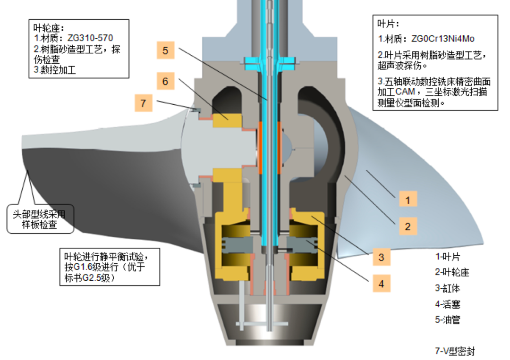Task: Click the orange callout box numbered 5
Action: (x=165, y=50)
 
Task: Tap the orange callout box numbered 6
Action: (x=165, y=81)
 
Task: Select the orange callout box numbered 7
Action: (x=144, y=102)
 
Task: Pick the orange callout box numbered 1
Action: (x=408, y=200)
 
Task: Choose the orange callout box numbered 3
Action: (x=382, y=257)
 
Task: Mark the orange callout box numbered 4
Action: (x=382, y=284)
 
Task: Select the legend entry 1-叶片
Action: (x=448, y=257)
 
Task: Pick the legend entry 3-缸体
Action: (x=447, y=289)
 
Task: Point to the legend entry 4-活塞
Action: (x=447, y=304)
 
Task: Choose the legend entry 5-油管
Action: (x=447, y=320)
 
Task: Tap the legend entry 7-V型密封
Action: (x=455, y=351)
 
